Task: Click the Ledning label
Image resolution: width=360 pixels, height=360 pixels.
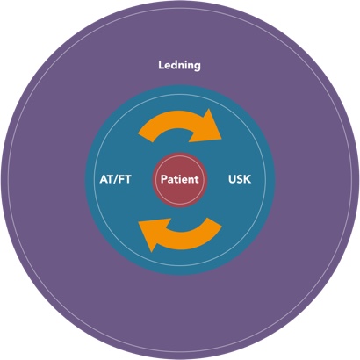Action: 179,65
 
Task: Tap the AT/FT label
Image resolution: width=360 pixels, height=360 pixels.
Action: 115,179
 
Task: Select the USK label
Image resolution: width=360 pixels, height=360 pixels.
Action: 240,179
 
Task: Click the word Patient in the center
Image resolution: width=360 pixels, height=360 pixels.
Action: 180,179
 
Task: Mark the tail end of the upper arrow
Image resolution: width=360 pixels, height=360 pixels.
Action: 146,139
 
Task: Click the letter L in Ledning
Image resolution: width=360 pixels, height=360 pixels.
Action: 162,65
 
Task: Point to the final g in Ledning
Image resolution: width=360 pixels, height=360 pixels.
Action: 198,67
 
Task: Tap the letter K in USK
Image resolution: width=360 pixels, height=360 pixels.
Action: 248,179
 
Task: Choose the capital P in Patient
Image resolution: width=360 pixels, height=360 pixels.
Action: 164,179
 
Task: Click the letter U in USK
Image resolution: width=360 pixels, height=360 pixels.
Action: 232,179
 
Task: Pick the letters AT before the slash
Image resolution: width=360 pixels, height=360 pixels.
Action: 107,179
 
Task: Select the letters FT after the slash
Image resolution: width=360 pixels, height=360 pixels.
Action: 126,179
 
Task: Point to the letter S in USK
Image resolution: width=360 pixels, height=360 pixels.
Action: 240,179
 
